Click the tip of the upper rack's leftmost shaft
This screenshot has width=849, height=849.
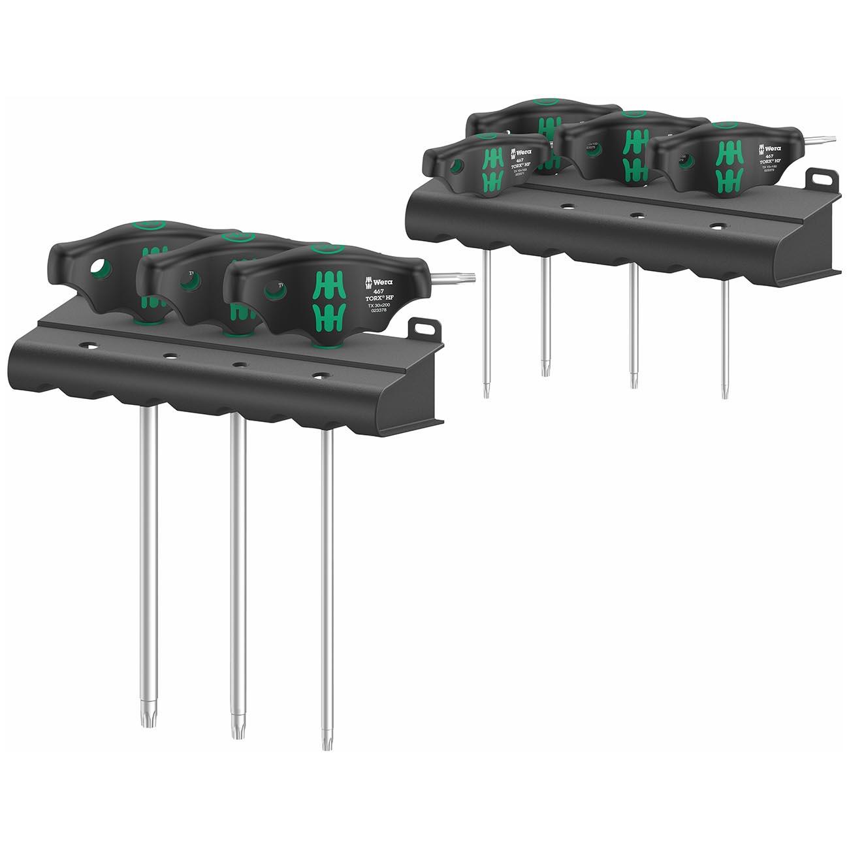[487, 391]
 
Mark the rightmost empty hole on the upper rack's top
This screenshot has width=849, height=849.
[718, 226]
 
